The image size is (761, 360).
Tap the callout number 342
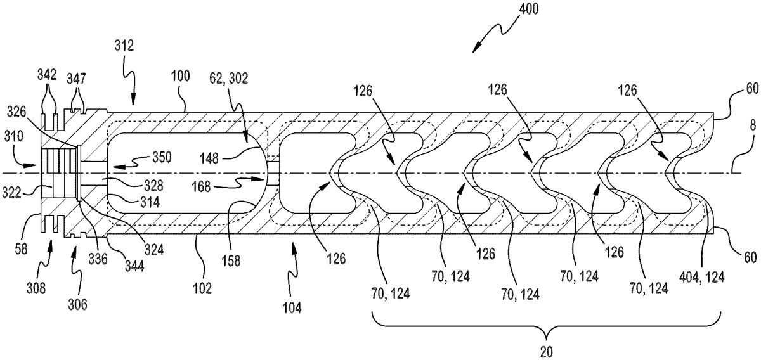coord(47,75)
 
